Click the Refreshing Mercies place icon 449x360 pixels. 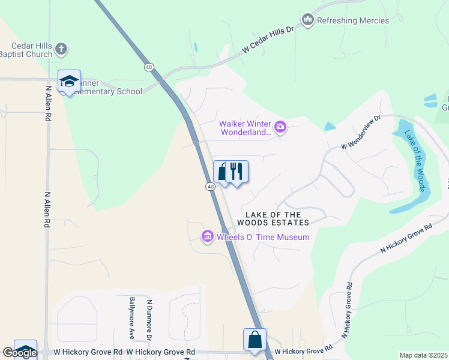pos(308,20)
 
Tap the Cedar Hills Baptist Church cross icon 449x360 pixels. pos(61,49)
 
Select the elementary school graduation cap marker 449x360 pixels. pos(69,82)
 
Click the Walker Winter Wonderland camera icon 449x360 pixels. pos(280,127)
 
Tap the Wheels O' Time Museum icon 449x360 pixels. pos(208,237)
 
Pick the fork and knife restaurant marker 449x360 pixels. pos(237,172)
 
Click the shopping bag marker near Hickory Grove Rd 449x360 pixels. pos(255,339)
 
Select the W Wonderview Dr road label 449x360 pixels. pos(361,133)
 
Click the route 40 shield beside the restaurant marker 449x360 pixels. pos(210,187)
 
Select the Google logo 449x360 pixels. pos(19,353)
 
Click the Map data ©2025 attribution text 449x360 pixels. pos(424,356)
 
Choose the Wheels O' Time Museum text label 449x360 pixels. pos(263,237)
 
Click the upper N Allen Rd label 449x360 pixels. pos(48,103)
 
